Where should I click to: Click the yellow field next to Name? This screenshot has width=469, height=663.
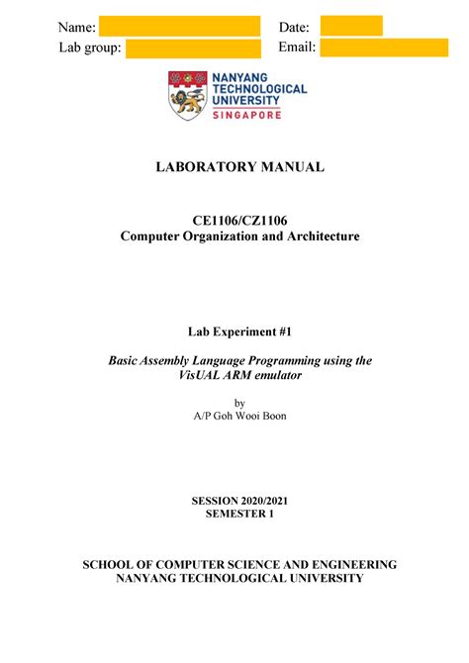click(179, 26)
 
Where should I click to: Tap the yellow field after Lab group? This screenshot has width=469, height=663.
click(193, 48)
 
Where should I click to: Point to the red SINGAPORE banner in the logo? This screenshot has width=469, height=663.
click(243, 115)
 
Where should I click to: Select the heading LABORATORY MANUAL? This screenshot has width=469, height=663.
click(234, 167)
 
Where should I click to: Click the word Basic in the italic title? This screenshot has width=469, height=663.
click(127, 361)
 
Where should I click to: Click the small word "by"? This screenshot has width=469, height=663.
click(234, 402)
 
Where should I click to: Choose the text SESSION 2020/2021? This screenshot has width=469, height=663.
click(234, 502)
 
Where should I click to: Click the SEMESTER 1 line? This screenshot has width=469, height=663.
click(234, 517)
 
